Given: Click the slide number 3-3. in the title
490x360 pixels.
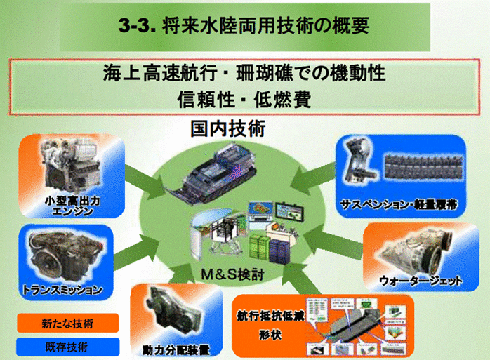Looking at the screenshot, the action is [x=137, y=25].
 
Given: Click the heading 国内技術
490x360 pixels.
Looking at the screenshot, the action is [x=228, y=128].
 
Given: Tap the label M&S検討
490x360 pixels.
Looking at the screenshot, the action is [x=232, y=274].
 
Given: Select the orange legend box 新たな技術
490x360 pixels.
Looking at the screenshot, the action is [x=68, y=323].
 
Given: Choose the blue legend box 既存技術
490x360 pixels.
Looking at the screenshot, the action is [x=68, y=347].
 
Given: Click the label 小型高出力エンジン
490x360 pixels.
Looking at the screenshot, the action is [x=72, y=206].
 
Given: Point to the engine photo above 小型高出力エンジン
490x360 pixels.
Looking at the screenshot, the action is [x=71, y=166].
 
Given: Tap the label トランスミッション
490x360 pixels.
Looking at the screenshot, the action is [x=62, y=290].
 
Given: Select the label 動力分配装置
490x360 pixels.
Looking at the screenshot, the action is [x=176, y=350].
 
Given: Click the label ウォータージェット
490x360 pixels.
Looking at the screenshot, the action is [x=421, y=281].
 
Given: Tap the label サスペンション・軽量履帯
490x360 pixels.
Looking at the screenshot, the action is [x=399, y=204].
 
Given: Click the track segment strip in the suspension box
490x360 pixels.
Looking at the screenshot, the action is [x=423, y=166].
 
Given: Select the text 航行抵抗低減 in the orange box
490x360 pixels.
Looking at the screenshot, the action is [x=270, y=316].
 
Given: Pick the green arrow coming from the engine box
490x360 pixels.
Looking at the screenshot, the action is [x=145, y=182].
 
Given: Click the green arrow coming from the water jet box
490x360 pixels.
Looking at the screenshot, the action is [x=333, y=243].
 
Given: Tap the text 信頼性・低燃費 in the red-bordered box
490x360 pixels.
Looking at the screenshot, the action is [x=244, y=100].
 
